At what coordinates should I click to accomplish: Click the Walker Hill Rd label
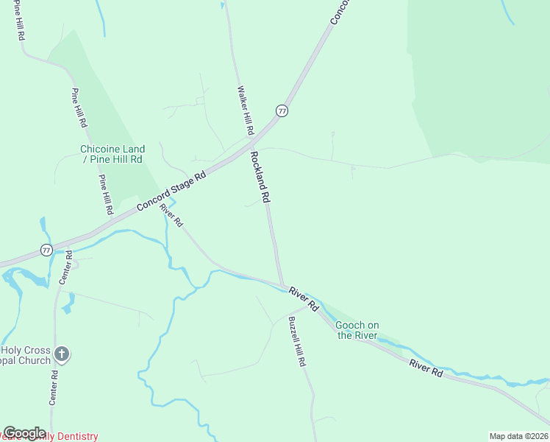click(x=245, y=110)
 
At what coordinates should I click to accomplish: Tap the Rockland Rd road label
click(x=260, y=177)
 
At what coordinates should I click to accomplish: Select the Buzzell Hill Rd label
click(x=296, y=342)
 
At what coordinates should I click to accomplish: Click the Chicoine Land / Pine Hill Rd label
click(x=112, y=154)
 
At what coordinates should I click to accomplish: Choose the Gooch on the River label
click(x=357, y=330)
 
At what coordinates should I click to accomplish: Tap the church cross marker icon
click(x=62, y=355)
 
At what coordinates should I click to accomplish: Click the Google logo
click(x=24, y=432)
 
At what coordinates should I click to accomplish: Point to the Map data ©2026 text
click(x=518, y=436)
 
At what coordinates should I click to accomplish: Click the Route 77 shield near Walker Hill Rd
click(x=282, y=110)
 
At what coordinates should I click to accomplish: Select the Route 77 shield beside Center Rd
click(x=46, y=250)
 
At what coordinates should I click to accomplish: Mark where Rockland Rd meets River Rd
click(x=282, y=284)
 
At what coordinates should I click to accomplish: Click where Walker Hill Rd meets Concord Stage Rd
click(x=252, y=138)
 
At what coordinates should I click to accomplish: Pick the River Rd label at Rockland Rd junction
click(x=303, y=298)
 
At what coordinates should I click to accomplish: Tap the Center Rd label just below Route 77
click(x=65, y=267)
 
